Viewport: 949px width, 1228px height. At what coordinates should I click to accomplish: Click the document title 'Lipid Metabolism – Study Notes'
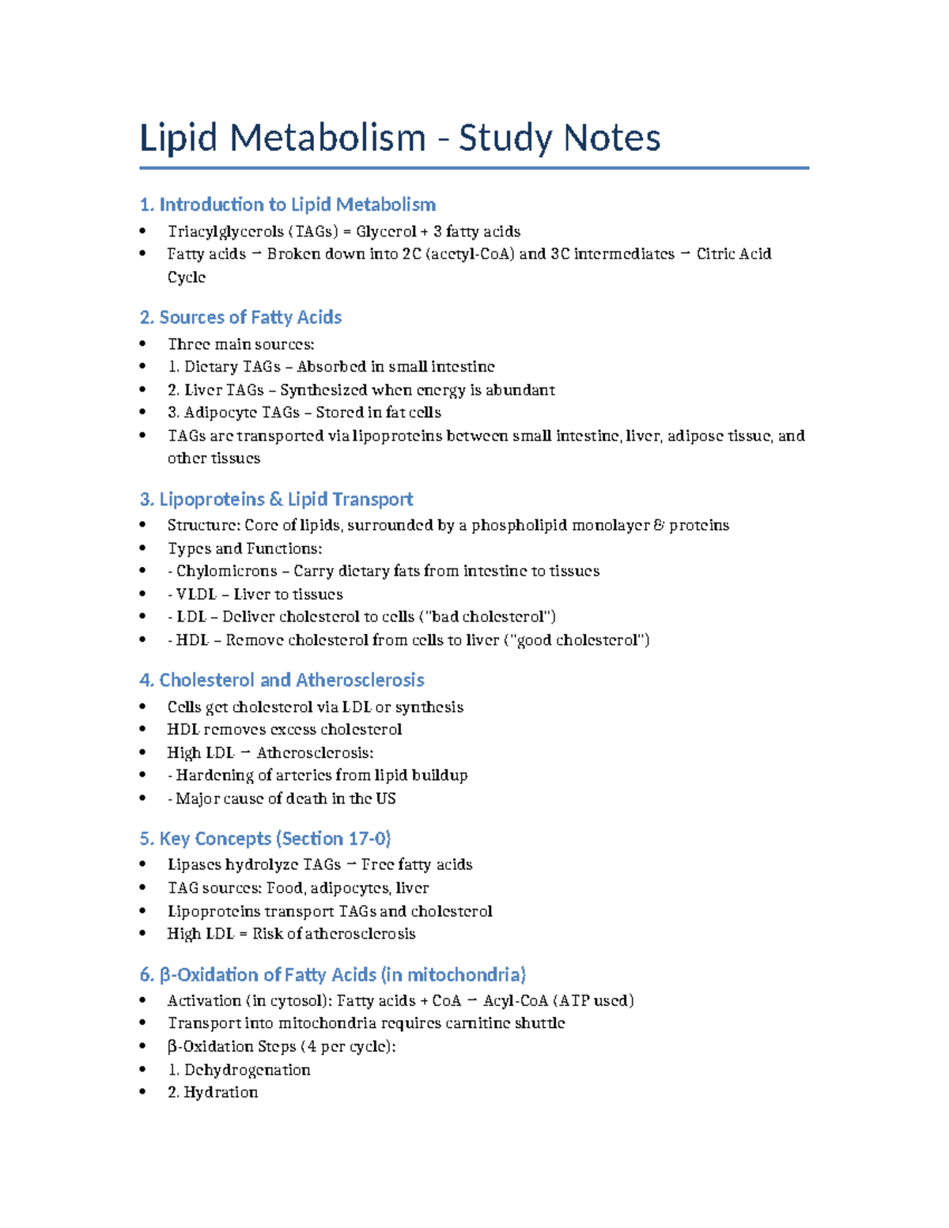pos(399,138)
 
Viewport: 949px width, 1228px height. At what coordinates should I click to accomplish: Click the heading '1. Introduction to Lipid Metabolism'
pos(287,205)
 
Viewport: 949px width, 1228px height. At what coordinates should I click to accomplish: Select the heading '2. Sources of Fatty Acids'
pos(240,318)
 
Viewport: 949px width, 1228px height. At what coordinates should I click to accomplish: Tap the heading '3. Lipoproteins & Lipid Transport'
pos(276,499)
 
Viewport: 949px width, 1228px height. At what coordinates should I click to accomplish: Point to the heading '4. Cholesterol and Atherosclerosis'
pos(282,680)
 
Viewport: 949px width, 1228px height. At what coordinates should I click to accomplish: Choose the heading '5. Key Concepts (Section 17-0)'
pos(265,838)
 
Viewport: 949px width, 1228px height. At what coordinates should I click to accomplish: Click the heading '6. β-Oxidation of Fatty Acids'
pos(332,974)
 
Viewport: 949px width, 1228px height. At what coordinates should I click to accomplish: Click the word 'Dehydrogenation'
pos(247,1070)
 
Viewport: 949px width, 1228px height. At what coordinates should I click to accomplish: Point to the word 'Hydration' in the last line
pos(221,1092)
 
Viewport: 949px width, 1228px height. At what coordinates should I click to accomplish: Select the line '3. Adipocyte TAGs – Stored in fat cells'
pos(304,413)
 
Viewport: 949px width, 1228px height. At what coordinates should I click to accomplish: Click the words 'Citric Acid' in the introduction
pos(733,254)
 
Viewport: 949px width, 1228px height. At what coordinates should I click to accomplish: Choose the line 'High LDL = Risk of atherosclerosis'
pos(291,934)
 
